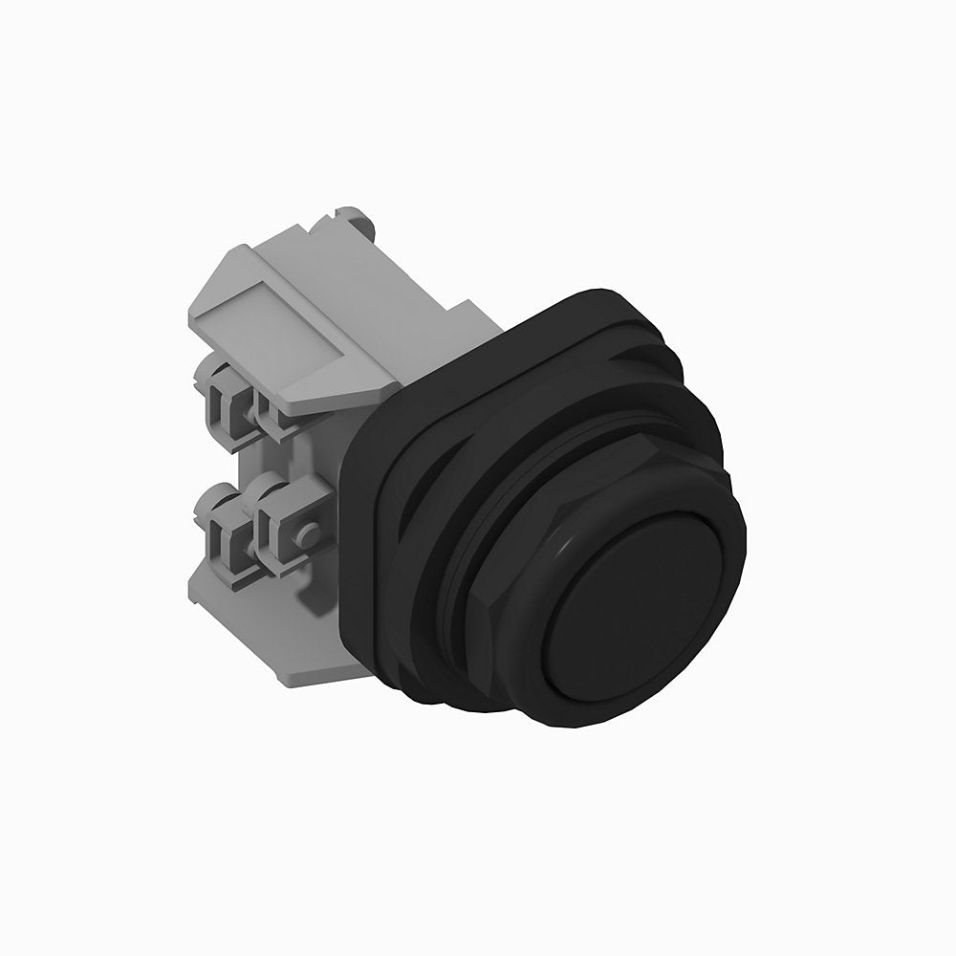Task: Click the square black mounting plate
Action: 368,535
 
